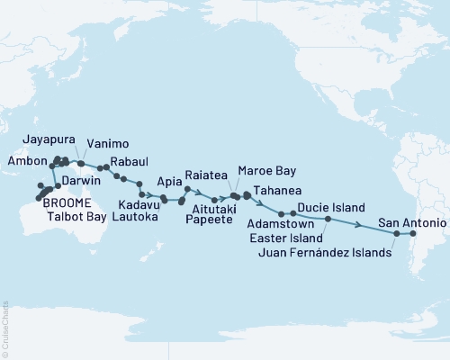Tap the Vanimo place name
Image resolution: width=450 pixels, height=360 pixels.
coord(108,143)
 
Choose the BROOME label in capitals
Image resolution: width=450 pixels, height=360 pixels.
coord(41,203)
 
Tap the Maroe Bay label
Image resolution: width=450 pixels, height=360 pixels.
coord(265,170)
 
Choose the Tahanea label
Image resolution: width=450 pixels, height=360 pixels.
coord(277,191)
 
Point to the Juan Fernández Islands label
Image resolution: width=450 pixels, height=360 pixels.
coord(325,253)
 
